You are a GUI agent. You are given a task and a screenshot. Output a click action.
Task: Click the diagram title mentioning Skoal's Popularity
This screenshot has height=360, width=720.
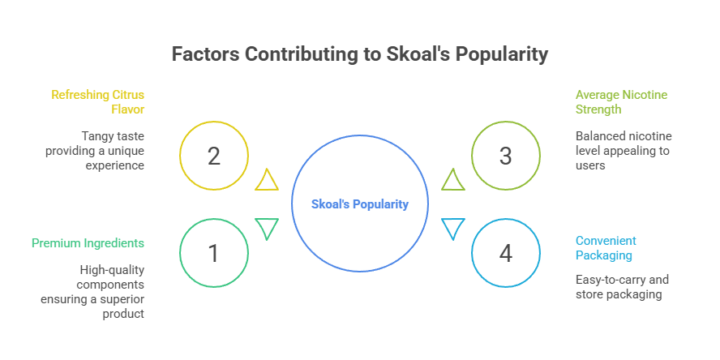pyautogui.click(x=359, y=54)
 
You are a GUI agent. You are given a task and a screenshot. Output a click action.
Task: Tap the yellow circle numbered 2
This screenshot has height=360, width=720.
pyautogui.click(x=213, y=156)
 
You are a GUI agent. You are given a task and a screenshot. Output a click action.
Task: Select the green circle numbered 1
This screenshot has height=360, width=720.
pyautogui.click(x=213, y=254)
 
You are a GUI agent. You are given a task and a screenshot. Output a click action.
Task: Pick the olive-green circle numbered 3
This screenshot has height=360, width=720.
pyautogui.click(x=505, y=156)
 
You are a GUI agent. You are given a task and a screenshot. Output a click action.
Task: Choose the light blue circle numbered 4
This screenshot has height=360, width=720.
pyautogui.click(x=505, y=254)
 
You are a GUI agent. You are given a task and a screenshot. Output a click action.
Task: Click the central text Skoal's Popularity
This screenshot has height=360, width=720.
pyautogui.click(x=360, y=204)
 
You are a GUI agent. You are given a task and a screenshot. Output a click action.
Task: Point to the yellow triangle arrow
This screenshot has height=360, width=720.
pyautogui.click(x=267, y=181)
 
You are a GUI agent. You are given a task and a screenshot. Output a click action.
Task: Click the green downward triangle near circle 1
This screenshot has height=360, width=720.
pyautogui.click(x=267, y=228)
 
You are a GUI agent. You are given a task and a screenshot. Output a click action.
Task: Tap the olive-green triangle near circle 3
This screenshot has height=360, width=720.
pyautogui.click(x=452, y=181)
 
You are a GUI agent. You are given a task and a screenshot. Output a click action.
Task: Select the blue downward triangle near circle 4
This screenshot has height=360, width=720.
pyautogui.click(x=452, y=228)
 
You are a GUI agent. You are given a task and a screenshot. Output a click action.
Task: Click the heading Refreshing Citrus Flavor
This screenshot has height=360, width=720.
pyautogui.click(x=98, y=101)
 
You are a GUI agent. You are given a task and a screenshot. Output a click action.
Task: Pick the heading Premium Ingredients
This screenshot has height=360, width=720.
pyautogui.click(x=88, y=242)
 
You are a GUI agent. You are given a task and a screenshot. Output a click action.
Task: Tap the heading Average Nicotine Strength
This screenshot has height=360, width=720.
pyautogui.click(x=621, y=101)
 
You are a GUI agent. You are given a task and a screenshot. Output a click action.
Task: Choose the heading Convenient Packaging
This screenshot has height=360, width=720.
pyautogui.click(x=606, y=247)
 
